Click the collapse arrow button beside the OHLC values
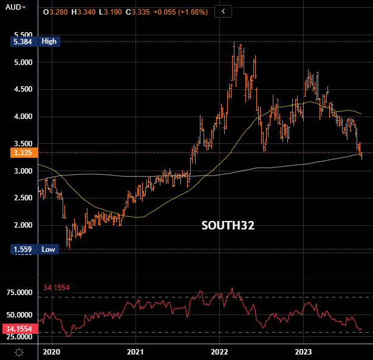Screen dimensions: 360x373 tap(224, 12)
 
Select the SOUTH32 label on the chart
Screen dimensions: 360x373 tap(228, 226)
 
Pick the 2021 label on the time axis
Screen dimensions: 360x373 tap(135, 352)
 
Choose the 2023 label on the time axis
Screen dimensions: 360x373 tap(304, 352)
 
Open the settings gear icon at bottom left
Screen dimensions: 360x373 tap(19, 352)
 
